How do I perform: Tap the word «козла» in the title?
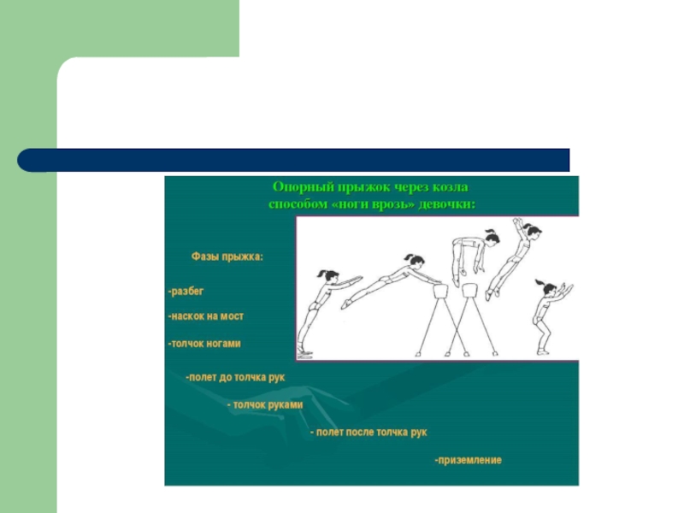click(451, 187)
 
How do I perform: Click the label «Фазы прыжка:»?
click(227, 256)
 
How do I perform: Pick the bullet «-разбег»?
click(186, 291)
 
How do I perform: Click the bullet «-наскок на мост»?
click(206, 316)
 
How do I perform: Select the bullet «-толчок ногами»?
click(204, 344)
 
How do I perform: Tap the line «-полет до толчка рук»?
click(235, 377)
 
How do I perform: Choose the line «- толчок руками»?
click(265, 404)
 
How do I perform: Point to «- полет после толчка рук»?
click(369, 433)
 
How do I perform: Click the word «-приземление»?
click(468, 460)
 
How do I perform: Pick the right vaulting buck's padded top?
click(470, 290)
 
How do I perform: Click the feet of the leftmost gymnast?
click(304, 351)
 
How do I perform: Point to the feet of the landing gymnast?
click(543, 351)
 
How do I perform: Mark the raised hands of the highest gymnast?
click(518, 221)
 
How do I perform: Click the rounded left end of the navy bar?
click(23, 160)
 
